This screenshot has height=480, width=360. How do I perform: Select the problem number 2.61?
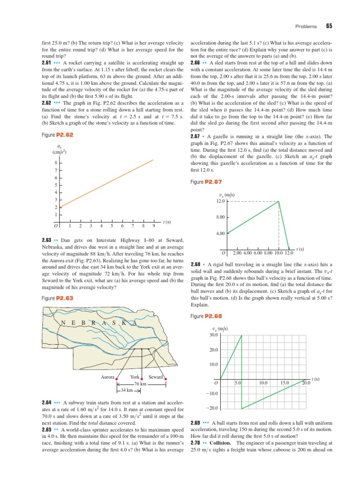click(46, 62)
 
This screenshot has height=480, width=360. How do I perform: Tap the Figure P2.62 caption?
click(57, 135)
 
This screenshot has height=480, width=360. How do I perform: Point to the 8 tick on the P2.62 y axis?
click(56, 163)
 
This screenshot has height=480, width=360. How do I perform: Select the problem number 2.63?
click(46, 241)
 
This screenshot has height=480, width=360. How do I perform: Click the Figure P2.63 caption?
click(57, 298)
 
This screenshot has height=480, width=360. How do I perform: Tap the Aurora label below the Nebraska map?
click(108, 377)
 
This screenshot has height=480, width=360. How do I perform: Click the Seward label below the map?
click(155, 377)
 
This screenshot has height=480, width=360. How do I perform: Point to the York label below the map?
click(135, 377)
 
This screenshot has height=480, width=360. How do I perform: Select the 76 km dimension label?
click(141, 384)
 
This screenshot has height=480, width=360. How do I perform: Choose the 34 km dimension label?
click(125, 390)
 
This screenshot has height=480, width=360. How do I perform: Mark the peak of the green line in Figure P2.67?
click(278, 202)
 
